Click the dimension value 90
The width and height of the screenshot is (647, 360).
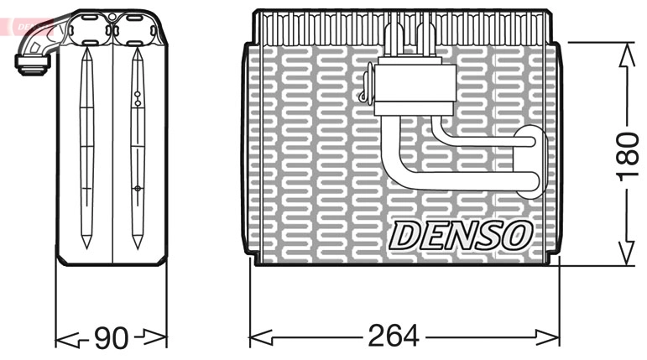point(110,339)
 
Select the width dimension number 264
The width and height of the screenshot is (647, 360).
point(393,337)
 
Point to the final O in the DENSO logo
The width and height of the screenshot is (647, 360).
point(515,236)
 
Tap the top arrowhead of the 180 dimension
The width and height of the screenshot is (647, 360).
point(626,53)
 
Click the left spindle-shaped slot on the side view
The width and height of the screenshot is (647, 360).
point(87,147)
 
